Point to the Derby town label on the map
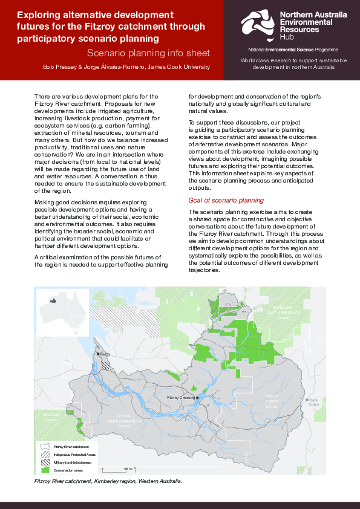pyautogui.click(x=104, y=354)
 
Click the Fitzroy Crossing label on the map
pyautogui.click(x=182, y=398)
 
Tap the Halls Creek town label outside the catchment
pyautogui.click(x=313, y=401)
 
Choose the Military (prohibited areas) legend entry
pyautogui.click(x=72, y=461)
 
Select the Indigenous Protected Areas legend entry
pyautogui.click(x=74, y=453)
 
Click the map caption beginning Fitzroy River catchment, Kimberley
pyautogui.click(x=108, y=482)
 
